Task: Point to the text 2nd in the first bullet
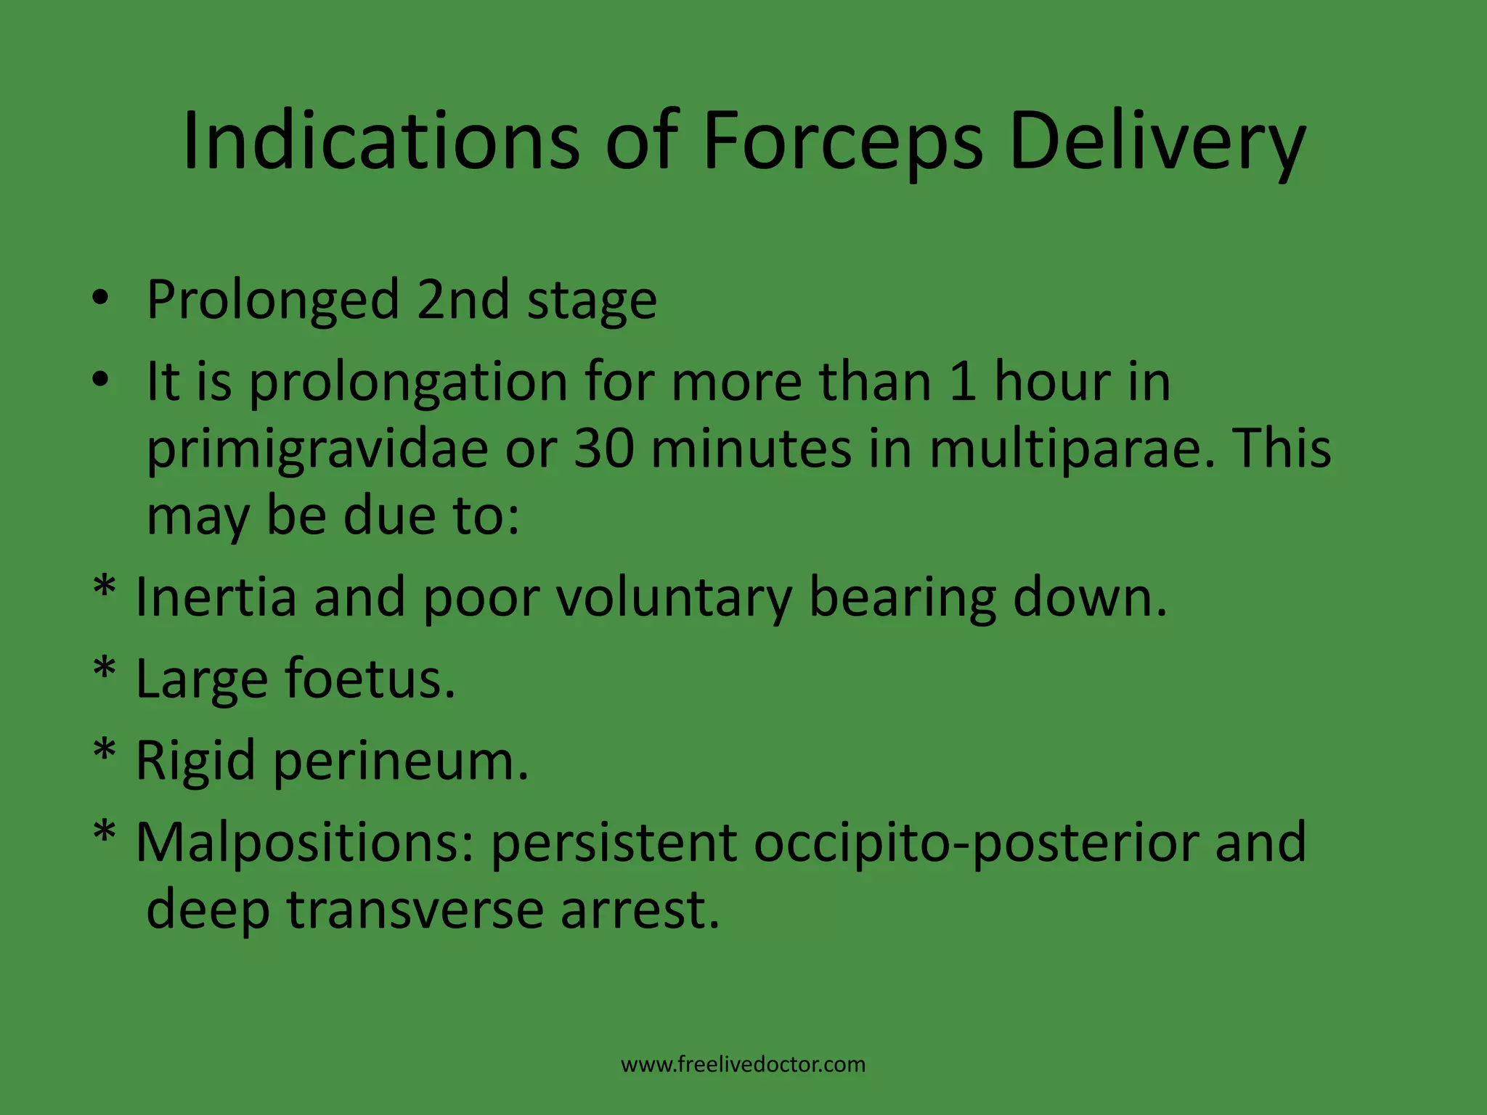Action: (x=463, y=299)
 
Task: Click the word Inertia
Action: (x=216, y=597)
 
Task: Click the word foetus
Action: (x=370, y=679)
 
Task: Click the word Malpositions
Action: (x=304, y=843)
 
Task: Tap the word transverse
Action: (x=415, y=910)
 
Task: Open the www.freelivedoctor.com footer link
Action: (x=743, y=1064)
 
